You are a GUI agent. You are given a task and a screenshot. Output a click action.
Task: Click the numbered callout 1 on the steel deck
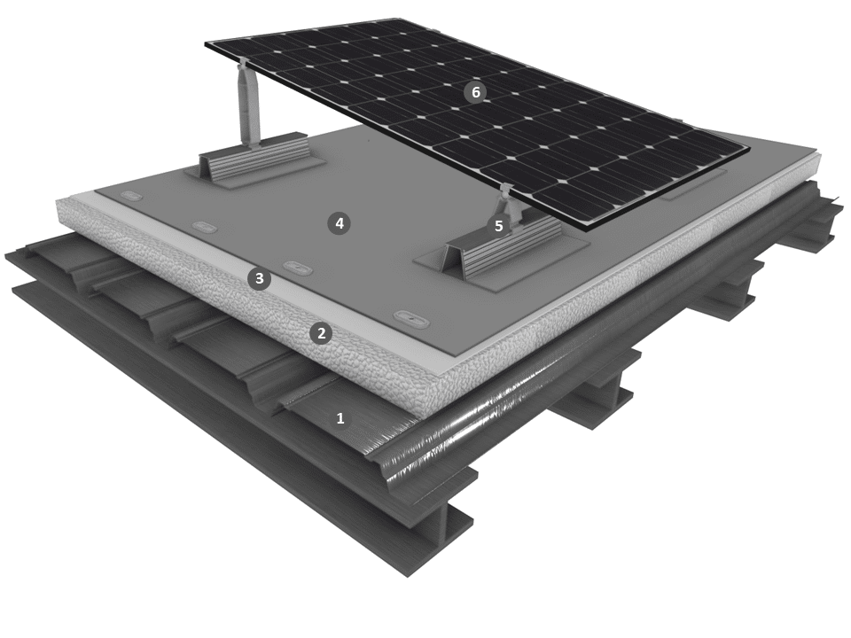(x=340, y=418)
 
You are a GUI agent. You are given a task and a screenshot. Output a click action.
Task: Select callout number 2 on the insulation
(x=321, y=333)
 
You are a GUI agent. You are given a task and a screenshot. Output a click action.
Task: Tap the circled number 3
(x=260, y=278)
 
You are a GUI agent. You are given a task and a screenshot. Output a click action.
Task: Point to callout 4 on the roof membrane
(x=340, y=223)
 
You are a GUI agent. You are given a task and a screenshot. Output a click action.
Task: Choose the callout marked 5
(x=498, y=226)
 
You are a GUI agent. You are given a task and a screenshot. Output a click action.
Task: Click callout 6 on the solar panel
(x=475, y=92)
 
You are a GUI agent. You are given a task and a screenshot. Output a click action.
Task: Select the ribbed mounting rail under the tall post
(x=255, y=158)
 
